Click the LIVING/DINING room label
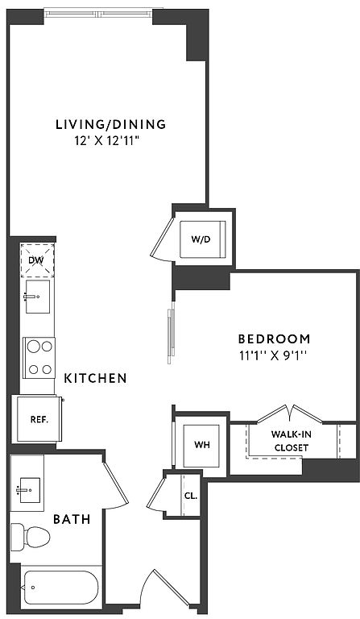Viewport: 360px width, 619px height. [111, 124]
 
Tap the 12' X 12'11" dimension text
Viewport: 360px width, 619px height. [108, 141]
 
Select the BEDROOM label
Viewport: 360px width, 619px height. [274, 339]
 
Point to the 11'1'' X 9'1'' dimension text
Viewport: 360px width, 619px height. [273, 355]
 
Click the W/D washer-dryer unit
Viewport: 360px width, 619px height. [203, 239]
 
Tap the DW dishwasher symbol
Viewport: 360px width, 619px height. [37, 260]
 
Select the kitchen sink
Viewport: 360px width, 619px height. [38, 297]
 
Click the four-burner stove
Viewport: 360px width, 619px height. [39, 358]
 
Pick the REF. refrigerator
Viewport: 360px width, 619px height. [39, 419]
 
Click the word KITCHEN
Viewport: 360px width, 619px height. [96, 378]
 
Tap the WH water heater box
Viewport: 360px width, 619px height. [201, 446]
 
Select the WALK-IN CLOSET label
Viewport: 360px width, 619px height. [292, 441]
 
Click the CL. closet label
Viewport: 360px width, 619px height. [191, 496]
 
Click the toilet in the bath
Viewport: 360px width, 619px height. [30, 537]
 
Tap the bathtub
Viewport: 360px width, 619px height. [60, 588]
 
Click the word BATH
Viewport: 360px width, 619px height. [72, 519]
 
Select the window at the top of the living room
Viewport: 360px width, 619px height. [97, 15]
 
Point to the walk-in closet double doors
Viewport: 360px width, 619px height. [290, 414]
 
